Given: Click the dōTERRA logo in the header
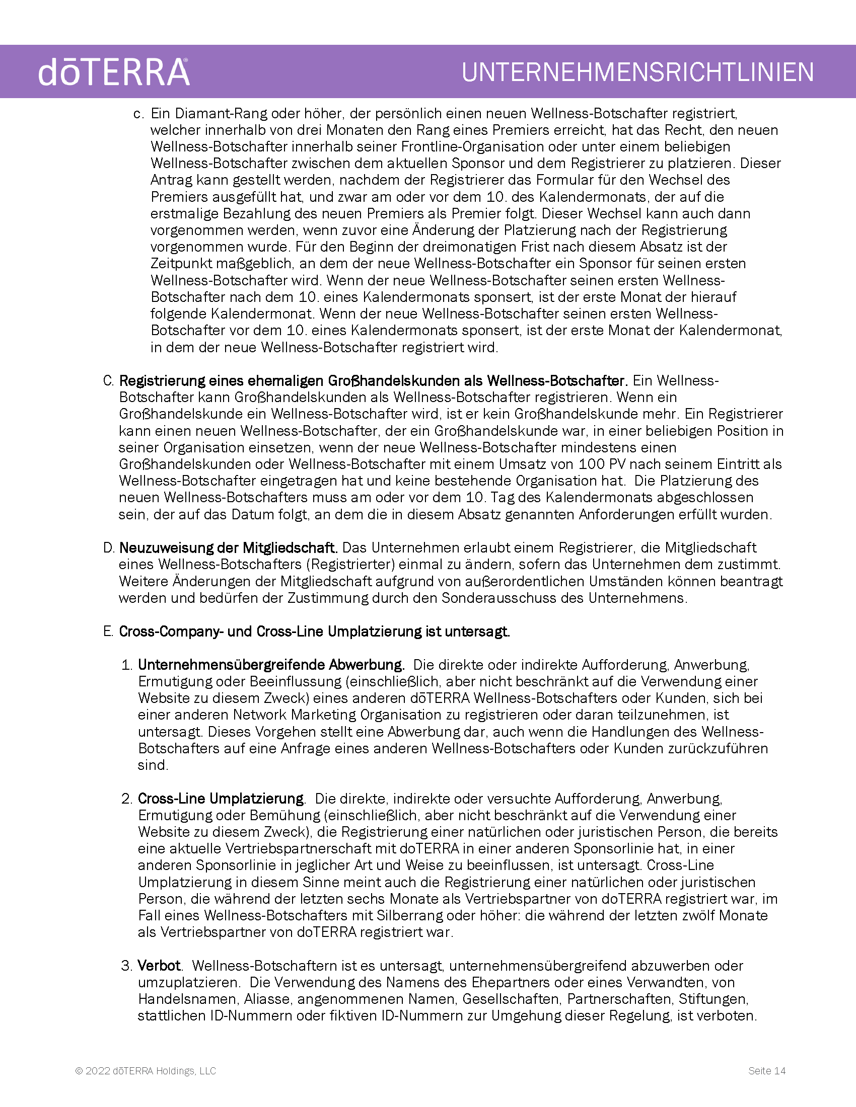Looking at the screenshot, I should click(114, 72).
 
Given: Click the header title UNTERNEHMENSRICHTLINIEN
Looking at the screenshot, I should click(637, 72).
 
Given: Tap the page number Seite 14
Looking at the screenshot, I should click(767, 1070).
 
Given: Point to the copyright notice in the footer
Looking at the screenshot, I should click(146, 1070).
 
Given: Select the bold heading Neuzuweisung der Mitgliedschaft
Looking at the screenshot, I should click(228, 547).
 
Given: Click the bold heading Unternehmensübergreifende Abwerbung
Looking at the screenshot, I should click(271, 665).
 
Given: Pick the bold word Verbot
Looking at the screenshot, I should click(159, 966).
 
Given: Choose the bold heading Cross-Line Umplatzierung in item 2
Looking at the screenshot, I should click(221, 799).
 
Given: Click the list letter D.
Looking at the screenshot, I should click(108, 547).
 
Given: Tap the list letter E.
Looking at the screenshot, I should click(108, 631).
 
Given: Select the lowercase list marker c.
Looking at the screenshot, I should click(138, 114).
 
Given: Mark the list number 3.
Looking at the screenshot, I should click(126, 966).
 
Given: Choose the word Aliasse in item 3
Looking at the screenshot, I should click(267, 999).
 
